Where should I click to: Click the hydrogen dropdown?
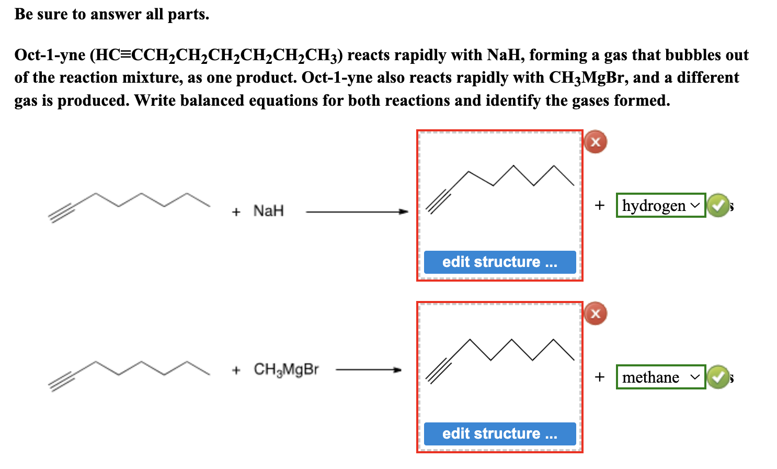point(660,205)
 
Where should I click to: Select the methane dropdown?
point(660,377)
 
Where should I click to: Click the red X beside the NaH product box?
point(596,142)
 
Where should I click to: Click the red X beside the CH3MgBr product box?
point(596,314)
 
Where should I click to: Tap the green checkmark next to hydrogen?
point(718,205)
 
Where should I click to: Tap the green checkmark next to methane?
point(718,377)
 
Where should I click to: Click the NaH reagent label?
point(268,211)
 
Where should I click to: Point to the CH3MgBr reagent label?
point(286,370)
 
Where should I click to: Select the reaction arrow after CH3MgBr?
point(368,370)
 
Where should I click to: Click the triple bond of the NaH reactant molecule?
point(62,214)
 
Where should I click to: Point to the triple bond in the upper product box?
point(438,201)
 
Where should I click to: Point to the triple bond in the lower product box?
point(438,371)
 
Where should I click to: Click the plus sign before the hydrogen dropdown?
point(600,205)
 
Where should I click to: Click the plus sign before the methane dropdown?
point(600,377)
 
